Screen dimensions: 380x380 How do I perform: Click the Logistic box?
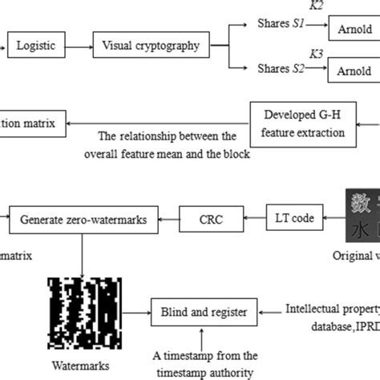click(x=36, y=46)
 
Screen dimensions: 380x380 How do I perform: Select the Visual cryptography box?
click(x=152, y=46)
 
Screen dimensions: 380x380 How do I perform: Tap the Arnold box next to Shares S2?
click(x=354, y=71)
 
